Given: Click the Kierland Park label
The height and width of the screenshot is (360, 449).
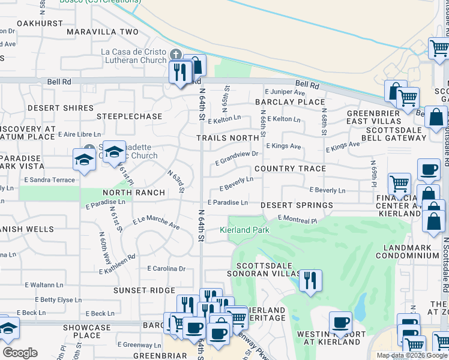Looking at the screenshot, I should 244,230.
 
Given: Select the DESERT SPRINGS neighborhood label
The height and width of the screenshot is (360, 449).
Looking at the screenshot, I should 297,205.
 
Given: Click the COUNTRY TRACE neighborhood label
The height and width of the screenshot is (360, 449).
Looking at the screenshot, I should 290,169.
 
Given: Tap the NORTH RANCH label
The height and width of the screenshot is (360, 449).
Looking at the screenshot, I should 134,193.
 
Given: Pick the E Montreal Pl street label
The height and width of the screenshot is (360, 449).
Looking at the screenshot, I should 297,220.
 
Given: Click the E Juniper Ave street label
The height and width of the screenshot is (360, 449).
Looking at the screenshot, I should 285,92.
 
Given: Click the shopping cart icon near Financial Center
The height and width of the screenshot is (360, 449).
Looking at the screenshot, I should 399,184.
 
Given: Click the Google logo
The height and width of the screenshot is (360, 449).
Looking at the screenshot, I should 20,353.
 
